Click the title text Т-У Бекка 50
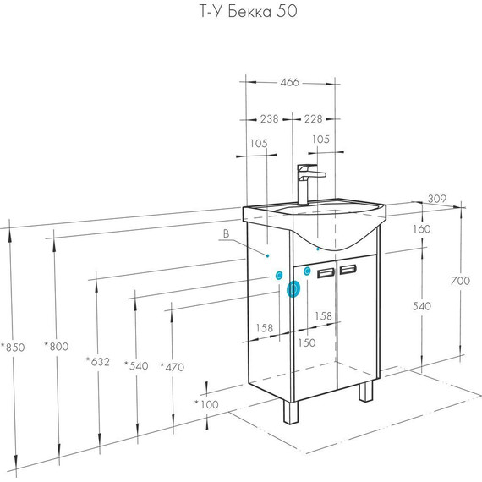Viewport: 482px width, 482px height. point(249,12)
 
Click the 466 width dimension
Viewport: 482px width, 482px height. point(289,82)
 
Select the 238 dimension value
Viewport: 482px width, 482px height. point(269,118)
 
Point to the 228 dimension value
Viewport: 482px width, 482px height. point(313,118)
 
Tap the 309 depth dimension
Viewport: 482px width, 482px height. point(437,199)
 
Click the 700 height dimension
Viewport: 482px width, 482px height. point(460,281)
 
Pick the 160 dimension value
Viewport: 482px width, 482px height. point(421,228)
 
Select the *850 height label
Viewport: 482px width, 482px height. point(13,348)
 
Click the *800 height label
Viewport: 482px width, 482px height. point(57,347)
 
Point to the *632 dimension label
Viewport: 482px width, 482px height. point(98,362)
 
